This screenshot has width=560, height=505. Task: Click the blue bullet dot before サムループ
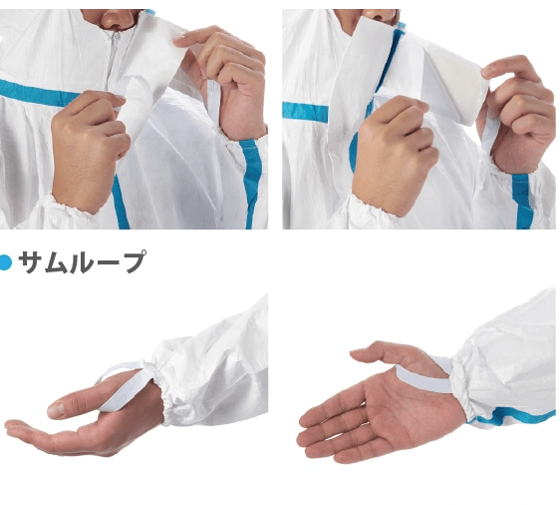[5, 262]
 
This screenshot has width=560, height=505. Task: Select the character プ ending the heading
[133, 261]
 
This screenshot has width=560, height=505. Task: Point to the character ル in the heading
[83, 262]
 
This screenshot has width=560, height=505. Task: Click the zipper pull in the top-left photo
[115, 37]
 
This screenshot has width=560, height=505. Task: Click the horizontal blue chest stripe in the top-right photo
[305, 110]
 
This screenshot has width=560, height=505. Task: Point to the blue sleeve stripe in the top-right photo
[522, 201]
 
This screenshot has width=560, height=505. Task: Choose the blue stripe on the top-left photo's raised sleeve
[253, 183]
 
